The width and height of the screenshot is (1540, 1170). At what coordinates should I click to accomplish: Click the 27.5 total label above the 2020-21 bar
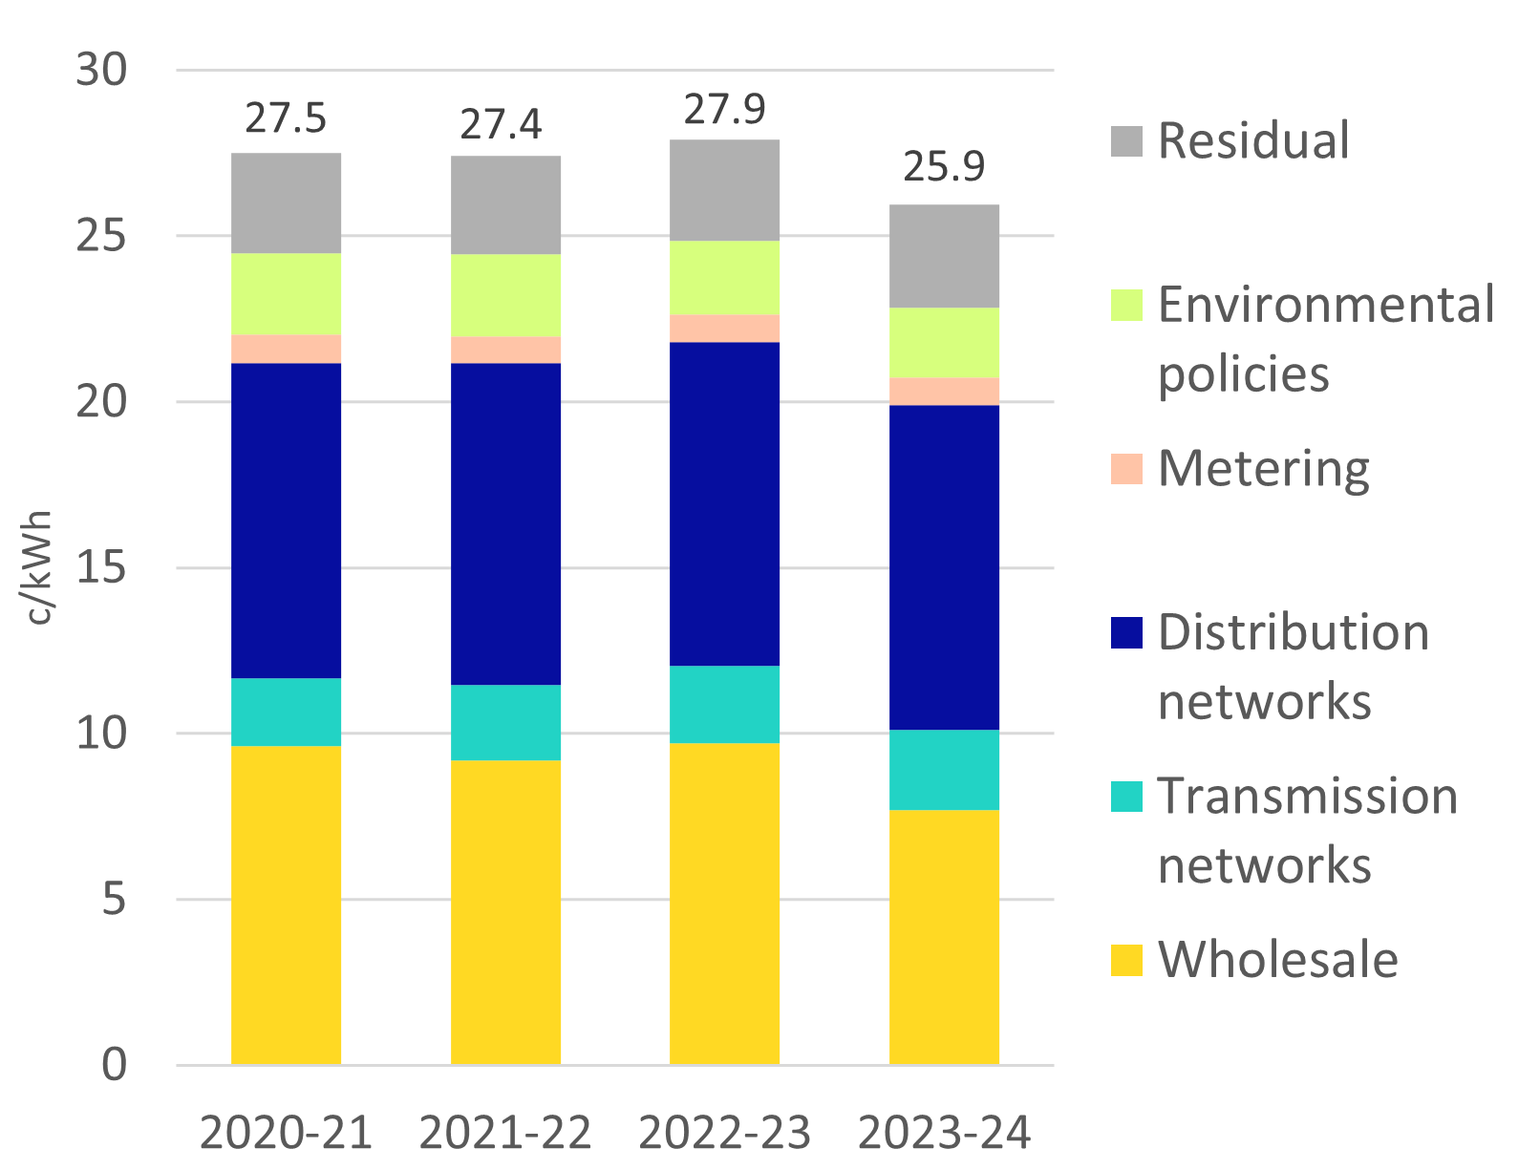pos(286,119)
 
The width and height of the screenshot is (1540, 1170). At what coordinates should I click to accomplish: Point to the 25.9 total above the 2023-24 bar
pos(944,167)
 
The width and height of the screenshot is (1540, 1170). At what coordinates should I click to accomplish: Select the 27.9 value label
pos(724,110)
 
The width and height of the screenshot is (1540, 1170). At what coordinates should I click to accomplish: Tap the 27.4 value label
pos(502,124)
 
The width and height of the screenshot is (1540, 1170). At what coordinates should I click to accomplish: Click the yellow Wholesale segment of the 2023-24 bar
pos(944,936)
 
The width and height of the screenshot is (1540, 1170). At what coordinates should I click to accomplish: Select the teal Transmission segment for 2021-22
pos(505,722)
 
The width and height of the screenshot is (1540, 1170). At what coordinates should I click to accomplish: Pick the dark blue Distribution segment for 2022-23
pos(724,503)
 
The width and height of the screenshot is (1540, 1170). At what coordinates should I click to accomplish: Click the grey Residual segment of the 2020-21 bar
pos(286,202)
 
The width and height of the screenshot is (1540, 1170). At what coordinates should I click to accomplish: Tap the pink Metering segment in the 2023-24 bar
pos(944,392)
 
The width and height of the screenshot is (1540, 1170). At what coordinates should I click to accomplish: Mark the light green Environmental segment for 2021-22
pos(505,295)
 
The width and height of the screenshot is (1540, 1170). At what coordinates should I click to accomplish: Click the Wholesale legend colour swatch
pos(1127,960)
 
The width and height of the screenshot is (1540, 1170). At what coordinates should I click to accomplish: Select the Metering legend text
pos(1263,469)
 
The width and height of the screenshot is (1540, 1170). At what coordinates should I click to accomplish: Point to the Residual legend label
pos(1253,140)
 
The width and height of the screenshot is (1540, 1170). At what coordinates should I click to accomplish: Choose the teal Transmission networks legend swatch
pos(1127,797)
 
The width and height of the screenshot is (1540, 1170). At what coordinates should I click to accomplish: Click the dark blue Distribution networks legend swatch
pos(1127,633)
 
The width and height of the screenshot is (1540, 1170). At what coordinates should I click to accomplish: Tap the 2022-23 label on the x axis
pos(724,1134)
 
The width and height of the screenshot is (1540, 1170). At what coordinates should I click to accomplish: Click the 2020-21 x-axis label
pos(286,1134)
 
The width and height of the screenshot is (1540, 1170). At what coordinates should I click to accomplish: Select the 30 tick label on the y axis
pos(100,70)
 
